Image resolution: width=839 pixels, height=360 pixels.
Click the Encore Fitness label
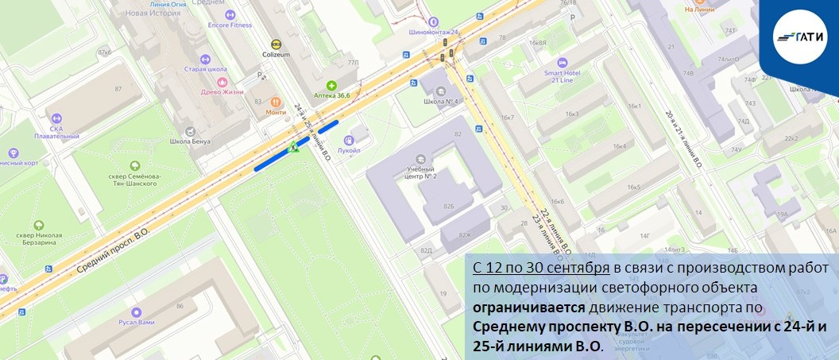(x=230, y=25)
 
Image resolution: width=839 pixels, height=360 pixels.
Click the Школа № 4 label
(x=439, y=102)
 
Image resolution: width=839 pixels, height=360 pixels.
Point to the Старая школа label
(x=206, y=69)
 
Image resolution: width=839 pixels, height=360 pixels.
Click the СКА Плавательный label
(x=56, y=132)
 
